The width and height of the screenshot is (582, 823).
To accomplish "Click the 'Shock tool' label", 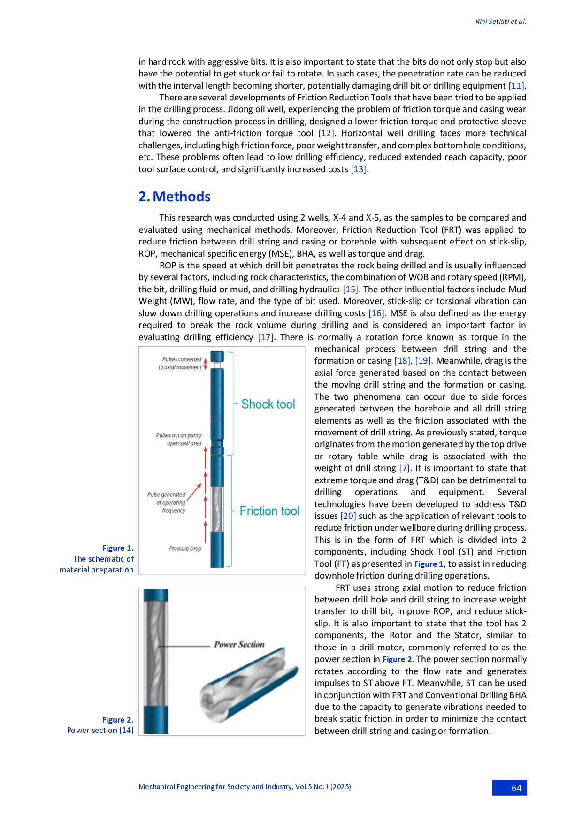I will coord(268,404).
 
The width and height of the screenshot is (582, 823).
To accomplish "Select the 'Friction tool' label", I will coord(269,511).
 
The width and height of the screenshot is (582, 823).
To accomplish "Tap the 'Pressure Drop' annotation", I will coord(185,549).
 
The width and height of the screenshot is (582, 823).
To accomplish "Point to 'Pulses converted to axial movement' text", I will coord(180,363).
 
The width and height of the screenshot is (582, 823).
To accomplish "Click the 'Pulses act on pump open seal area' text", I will coord(179,439).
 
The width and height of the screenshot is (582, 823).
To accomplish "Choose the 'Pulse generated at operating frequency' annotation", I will coord(167,503).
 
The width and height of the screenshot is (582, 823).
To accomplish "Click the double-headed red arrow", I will coord(205,364).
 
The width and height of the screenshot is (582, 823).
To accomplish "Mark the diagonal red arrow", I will coord(194,492).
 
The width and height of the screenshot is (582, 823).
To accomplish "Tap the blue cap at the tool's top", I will coord(217,356).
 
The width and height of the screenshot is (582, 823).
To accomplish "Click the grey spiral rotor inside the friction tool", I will coord(217,509).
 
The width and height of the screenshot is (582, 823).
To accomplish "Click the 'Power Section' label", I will coord(239,644).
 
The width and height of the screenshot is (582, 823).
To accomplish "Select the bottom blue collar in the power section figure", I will coord(156,720).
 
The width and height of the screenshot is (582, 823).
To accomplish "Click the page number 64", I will coord(516,788).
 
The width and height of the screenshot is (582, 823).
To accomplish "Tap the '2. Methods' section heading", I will coord(176,196).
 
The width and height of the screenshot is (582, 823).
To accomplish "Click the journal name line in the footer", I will coord(245,786).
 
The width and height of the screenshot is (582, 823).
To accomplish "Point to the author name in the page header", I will coord(500,22).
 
